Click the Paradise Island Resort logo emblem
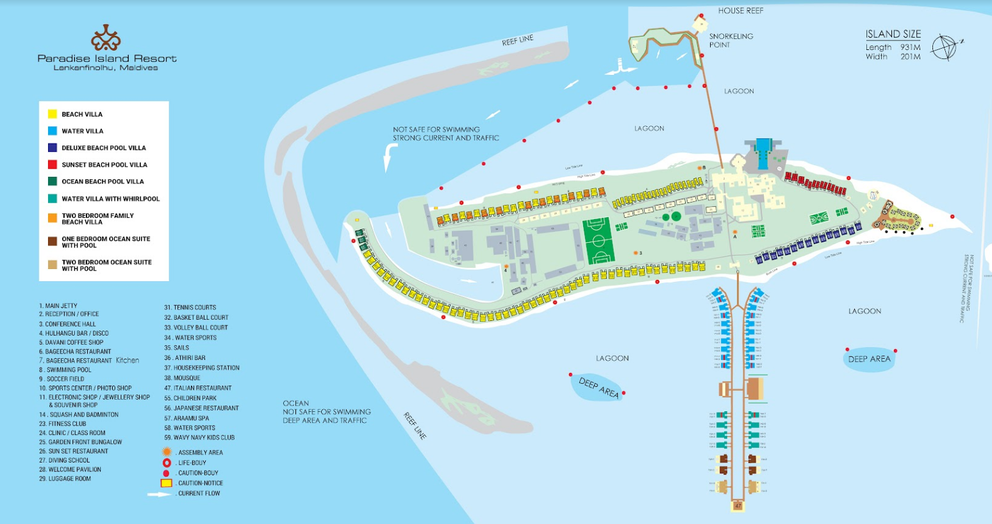tap(106, 38)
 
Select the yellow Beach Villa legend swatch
tap(53, 114)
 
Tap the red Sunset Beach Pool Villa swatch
tap(53, 165)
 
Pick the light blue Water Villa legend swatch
tap(53, 131)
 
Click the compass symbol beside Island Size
tap(945, 47)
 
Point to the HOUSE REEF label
tap(740, 11)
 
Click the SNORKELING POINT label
tap(731, 40)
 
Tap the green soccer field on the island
tap(599, 241)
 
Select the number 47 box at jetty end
tap(738, 506)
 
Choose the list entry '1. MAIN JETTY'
tap(58, 306)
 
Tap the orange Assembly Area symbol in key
tap(167, 452)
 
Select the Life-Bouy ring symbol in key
tap(167, 463)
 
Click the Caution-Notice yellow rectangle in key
tap(167, 483)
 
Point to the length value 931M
tap(910, 47)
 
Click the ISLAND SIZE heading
tap(893, 35)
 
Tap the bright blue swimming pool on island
tap(763, 154)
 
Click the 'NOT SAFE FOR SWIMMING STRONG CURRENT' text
tap(445, 134)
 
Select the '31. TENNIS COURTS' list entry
tap(190, 307)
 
